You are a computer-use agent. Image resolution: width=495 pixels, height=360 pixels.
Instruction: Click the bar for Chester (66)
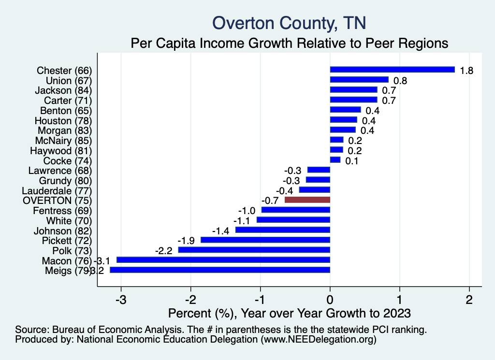click(392, 70)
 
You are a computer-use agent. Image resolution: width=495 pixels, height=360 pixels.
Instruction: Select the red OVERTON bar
click(307, 200)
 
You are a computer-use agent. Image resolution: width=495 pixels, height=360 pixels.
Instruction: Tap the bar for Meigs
click(219, 270)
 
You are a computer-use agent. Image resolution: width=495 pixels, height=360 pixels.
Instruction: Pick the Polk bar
click(254, 250)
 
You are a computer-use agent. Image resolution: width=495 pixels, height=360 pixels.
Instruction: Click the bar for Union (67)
click(359, 80)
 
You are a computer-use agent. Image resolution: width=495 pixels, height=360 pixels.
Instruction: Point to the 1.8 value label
click(466, 71)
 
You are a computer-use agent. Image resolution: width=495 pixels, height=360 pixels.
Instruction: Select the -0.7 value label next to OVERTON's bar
click(270, 200)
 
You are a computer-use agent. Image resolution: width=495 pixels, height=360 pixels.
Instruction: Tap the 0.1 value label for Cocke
click(351, 161)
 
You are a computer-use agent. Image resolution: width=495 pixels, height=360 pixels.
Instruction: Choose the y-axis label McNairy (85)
click(63, 140)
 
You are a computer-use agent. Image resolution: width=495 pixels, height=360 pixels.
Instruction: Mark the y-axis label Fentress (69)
click(62, 211)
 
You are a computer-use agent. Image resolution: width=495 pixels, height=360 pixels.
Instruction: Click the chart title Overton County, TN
click(289, 23)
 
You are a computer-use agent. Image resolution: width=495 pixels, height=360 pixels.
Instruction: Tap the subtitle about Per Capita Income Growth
click(290, 43)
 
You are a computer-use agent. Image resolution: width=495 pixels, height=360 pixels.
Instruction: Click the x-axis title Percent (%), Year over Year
click(289, 313)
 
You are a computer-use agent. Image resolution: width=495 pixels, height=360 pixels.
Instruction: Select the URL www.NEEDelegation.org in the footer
click(317, 340)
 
